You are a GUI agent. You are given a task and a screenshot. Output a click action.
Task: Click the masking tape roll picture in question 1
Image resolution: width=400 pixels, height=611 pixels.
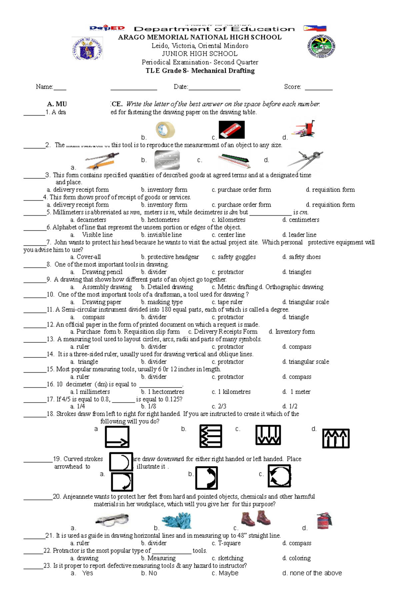tap(165, 130)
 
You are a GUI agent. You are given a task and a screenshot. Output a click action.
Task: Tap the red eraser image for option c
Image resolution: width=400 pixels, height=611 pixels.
tap(231, 130)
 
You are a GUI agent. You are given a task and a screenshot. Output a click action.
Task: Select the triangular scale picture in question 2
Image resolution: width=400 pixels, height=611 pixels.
tap(234, 161)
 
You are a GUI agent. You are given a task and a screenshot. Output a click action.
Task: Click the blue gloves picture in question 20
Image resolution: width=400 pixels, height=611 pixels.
tap(177, 520)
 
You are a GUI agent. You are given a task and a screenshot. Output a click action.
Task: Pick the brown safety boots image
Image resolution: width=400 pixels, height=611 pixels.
tap(256, 518)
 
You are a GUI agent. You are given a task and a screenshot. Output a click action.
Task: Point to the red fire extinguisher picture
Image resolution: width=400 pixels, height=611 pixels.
tap(324, 520)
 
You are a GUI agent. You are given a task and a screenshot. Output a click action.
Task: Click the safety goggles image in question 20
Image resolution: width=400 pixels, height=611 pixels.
tap(112, 520)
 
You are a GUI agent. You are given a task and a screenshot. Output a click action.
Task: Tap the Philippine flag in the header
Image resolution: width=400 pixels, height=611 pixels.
tap(315, 28)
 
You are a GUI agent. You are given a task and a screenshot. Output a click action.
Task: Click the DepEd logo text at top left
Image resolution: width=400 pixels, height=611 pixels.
tap(107, 28)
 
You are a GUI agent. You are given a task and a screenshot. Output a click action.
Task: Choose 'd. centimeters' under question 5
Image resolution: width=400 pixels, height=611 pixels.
tap(301, 220)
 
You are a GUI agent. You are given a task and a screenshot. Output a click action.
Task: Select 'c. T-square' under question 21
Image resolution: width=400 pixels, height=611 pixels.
tap(226, 543)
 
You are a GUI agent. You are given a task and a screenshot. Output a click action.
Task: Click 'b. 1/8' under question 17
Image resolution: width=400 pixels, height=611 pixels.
tap(148, 406)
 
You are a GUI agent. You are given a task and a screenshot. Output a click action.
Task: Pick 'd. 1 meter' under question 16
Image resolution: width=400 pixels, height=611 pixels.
tap(296, 392)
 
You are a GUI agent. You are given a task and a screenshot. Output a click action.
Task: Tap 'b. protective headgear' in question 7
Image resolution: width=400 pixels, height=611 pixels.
tap(170, 257)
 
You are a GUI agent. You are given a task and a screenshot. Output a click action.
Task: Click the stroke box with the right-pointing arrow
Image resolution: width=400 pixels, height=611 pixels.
tap(117, 437)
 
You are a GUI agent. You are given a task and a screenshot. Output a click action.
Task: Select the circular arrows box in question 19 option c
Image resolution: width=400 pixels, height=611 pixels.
tap(279, 476)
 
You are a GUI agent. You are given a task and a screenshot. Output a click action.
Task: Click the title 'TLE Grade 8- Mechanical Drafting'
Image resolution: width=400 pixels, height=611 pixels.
tap(200, 71)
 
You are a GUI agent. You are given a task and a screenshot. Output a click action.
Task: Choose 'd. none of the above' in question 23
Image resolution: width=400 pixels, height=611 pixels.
tap(312, 573)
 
